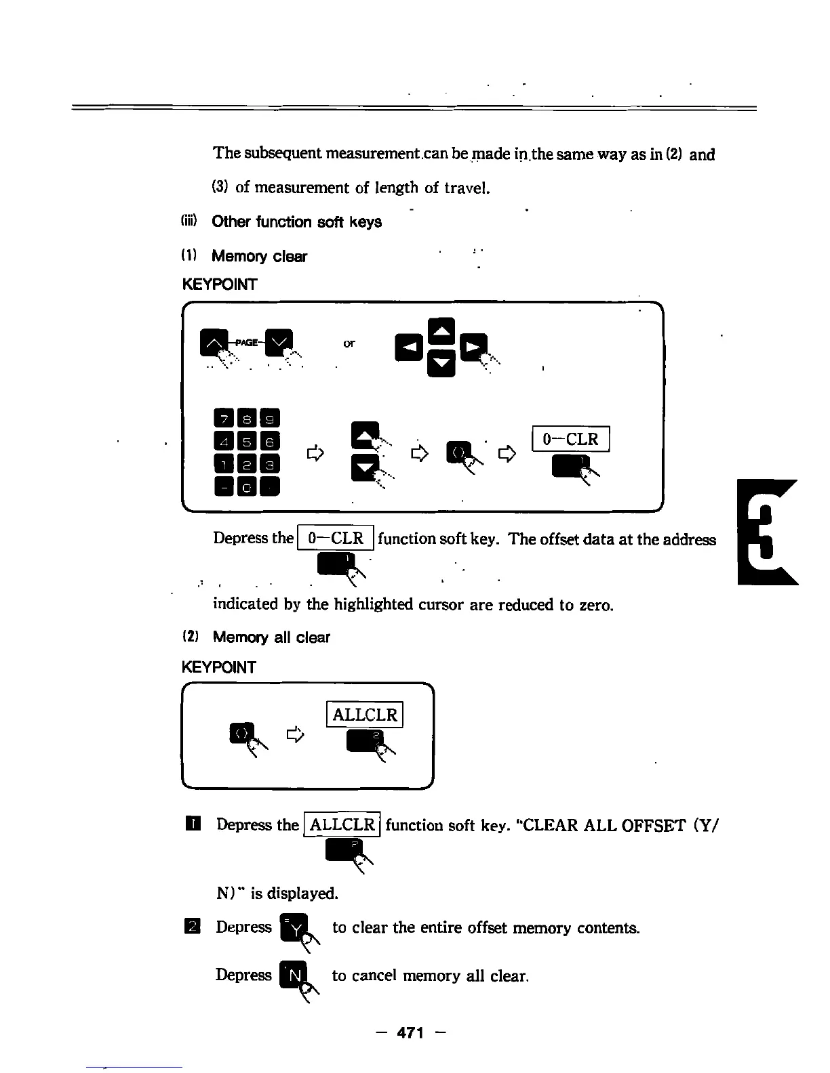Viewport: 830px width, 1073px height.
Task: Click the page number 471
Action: click(410, 1032)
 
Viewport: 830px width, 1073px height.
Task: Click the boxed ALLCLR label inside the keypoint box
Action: click(365, 715)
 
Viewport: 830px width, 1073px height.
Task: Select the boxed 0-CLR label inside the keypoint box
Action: click(571, 439)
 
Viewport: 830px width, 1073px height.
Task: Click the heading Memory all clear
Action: click(271, 637)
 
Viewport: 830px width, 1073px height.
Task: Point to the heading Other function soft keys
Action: click(296, 222)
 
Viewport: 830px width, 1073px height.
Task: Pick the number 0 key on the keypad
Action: click(247, 486)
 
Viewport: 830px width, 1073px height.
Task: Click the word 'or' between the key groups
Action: click(349, 343)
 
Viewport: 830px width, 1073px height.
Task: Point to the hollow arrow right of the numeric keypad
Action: click(313, 453)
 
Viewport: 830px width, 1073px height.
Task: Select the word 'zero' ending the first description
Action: click(595, 604)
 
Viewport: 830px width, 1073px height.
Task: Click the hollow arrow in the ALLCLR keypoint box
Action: click(294, 734)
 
